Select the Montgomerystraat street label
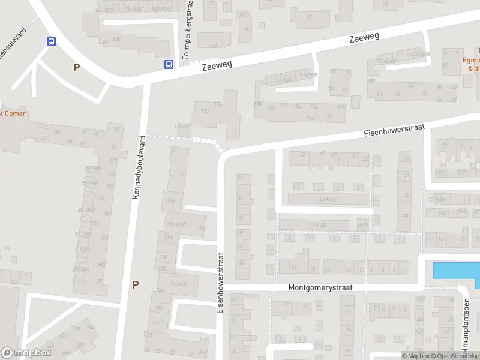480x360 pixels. point(319,287)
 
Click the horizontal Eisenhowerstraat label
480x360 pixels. point(394,128)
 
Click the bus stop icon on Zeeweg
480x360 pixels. point(169,64)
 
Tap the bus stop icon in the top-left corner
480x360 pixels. point(52,41)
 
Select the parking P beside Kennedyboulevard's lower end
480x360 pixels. point(135,284)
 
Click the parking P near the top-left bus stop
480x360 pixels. point(76,68)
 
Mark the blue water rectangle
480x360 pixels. point(456,270)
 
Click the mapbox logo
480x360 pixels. point(26,353)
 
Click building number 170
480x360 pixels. point(205,111)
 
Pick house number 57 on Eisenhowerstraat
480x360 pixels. point(241,218)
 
